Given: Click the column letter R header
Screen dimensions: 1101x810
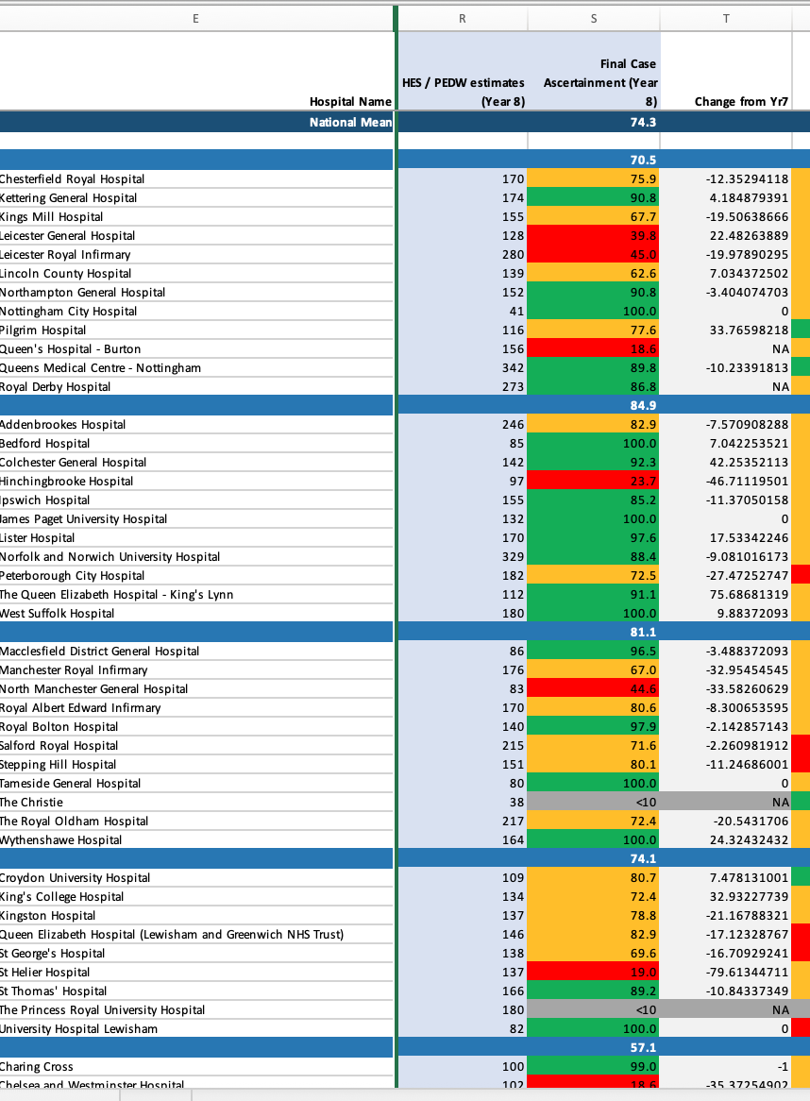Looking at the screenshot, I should (x=463, y=17).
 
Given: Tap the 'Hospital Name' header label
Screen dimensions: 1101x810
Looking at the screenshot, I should (x=350, y=102).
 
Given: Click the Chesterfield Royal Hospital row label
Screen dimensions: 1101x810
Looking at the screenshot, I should (x=73, y=179).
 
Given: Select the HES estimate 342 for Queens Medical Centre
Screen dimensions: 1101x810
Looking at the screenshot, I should (x=509, y=368).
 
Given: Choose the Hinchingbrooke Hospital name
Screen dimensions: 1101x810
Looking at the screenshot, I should (x=67, y=482).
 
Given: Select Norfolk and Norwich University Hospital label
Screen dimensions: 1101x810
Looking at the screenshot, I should (x=110, y=557).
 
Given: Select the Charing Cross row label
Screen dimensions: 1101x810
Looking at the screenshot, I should (x=37, y=1067).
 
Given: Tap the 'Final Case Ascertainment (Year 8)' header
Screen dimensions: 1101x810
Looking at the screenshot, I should (x=600, y=82).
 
